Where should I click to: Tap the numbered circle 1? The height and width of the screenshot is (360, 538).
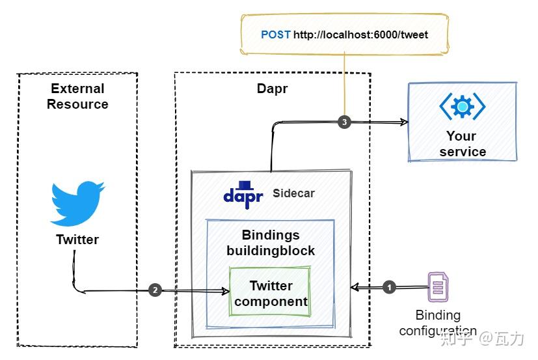[389, 286]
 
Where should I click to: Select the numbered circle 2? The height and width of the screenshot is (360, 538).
[155, 290]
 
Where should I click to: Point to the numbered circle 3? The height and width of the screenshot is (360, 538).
[344, 122]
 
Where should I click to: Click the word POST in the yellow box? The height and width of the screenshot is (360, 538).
[275, 35]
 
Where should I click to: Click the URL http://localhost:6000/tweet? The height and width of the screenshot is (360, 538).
[360, 35]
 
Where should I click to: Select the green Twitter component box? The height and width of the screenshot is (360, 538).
[270, 293]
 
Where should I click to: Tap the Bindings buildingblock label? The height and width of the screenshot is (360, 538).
[270, 242]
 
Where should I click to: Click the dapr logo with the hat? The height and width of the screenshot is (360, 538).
[243, 193]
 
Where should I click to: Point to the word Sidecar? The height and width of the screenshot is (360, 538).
[293, 193]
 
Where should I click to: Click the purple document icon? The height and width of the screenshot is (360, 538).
[438, 287]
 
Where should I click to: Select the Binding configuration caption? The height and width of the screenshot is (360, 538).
[438, 323]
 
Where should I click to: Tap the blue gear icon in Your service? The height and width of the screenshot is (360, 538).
[462, 106]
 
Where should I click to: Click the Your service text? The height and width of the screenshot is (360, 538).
[462, 144]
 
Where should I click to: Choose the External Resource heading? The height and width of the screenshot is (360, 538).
[77, 96]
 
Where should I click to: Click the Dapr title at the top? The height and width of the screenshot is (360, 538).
[272, 89]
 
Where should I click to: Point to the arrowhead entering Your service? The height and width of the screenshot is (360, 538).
[403, 122]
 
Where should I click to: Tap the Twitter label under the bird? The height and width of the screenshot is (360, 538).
[77, 240]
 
